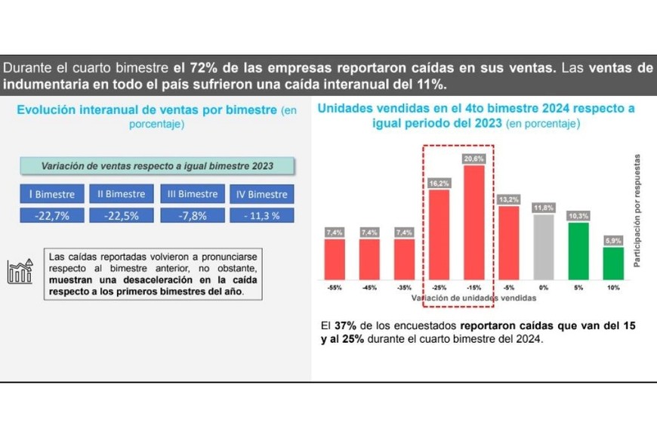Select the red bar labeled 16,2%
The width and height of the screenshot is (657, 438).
[x=439, y=233]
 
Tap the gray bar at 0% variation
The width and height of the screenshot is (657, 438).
[x=543, y=246]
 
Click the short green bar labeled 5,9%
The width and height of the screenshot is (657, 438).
[x=613, y=262]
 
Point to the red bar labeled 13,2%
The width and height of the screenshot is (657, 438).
[x=508, y=242]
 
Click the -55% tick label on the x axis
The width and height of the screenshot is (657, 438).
[x=334, y=288]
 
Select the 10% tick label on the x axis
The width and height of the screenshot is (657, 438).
[x=613, y=288]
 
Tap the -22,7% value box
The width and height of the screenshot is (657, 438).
[x=52, y=215]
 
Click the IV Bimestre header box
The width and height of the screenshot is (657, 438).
[x=261, y=194]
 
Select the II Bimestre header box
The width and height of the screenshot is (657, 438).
[x=121, y=194]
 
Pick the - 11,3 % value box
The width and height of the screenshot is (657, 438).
[x=261, y=215]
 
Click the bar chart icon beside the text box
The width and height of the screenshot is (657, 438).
[x=20, y=272]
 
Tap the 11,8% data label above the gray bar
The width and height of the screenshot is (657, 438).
[x=543, y=208]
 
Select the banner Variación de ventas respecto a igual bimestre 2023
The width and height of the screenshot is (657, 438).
[x=157, y=166]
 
